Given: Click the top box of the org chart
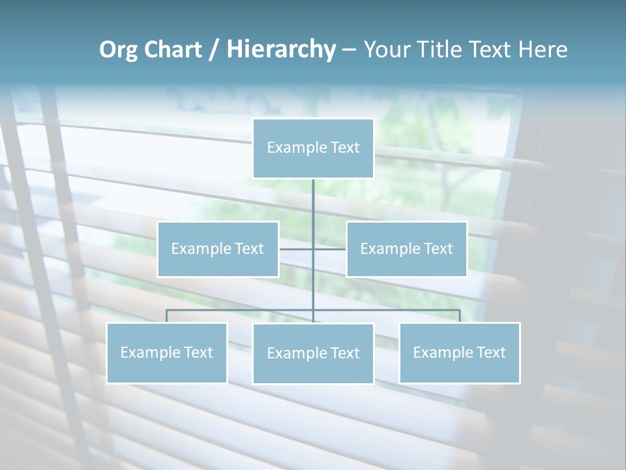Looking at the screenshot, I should click(x=313, y=148).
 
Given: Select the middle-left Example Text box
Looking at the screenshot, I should click(x=218, y=249).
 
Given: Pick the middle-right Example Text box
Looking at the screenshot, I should click(x=406, y=249).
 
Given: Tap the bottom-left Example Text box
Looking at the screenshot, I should click(x=166, y=352).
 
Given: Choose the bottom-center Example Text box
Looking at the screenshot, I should click(x=313, y=353).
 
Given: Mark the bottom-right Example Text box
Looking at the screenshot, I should click(x=459, y=352).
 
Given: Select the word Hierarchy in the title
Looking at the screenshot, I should click(x=281, y=50).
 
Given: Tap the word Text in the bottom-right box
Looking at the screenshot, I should click(x=491, y=352).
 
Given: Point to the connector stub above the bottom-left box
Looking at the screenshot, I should click(x=166, y=316).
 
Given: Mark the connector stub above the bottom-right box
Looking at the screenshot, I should click(x=460, y=316).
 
